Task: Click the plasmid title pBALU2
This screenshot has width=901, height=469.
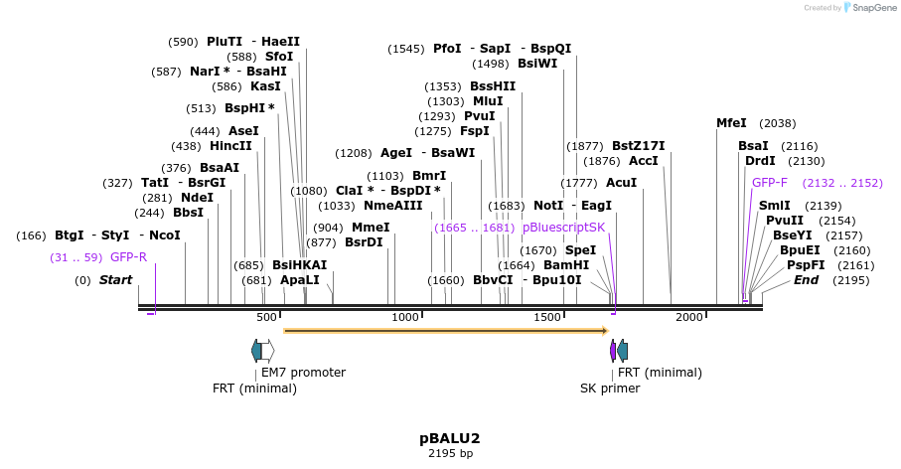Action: (x=450, y=438)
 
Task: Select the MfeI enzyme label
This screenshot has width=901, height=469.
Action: (x=731, y=123)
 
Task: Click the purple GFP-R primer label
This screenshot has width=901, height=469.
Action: (x=128, y=257)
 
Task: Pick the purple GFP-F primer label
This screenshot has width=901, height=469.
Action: (x=770, y=183)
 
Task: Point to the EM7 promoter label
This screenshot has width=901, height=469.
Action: (x=303, y=373)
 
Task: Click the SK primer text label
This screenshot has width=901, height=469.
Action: (x=610, y=389)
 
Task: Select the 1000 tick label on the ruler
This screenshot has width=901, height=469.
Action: (x=405, y=317)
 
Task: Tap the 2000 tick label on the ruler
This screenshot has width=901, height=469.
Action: (x=688, y=317)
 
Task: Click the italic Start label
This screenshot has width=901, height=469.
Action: (x=115, y=280)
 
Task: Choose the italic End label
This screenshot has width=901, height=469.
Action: (x=806, y=280)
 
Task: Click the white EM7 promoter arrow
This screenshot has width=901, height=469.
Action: (x=267, y=350)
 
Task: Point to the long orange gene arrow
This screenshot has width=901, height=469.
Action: (x=446, y=330)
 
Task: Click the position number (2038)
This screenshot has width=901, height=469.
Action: (x=777, y=123)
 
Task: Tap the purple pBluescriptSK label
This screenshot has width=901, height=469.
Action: (x=563, y=228)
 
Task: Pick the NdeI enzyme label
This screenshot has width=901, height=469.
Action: (x=197, y=198)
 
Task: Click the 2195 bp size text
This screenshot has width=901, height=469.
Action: (x=450, y=454)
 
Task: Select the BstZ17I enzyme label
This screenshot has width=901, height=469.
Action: (x=638, y=146)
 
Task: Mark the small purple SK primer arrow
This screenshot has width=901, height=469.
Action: (x=613, y=350)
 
